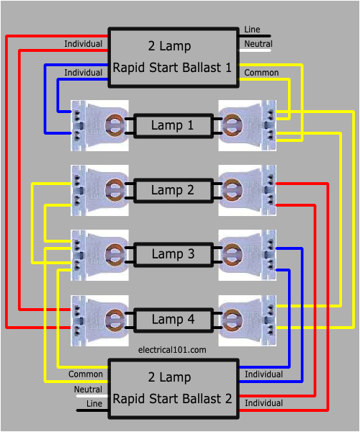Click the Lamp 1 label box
click(x=172, y=125)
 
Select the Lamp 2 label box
click(x=172, y=190)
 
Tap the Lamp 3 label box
click(x=172, y=254)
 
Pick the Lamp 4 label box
click(x=172, y=319)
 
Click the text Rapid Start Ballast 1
click(x=172, y=68)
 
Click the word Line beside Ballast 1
click(x=253, y=30)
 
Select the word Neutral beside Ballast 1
click(x=258, y=44)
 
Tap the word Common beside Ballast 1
click(x=261, y=73)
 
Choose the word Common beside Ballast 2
click(x=85, y=374)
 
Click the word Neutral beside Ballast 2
click(x=88, y=389)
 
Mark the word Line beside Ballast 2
click(x=94, y=404)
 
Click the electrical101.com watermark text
click(x=172, y=349)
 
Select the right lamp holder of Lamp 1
click(x=247, y=125)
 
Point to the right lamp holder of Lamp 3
click(x=247, y=254)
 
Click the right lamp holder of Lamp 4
click(x=247, y=319)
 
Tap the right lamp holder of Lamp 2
click(x=247, y=190)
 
